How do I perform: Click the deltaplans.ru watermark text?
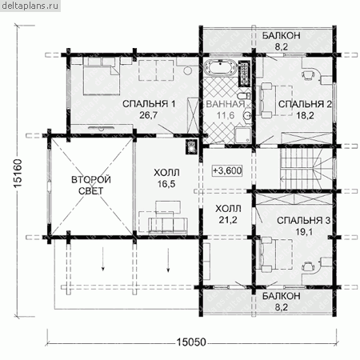[x=30, y=6]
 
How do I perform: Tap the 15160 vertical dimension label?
[x=18, y=174]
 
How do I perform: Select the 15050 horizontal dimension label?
[x=191, y=342]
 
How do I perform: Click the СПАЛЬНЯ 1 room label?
[x=149, y=104]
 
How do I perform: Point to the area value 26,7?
[x=149, y=115]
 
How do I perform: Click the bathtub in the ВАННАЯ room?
[x=220, y=66]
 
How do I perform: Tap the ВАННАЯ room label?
[x=226, y=104]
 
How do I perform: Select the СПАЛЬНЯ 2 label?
[x=305, y=104]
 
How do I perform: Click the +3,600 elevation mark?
[x=227, y=170]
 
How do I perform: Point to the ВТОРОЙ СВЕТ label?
[x=91, y=185]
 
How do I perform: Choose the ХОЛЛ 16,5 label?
[x=166, y=178]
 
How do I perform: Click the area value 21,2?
[x=228, y=220]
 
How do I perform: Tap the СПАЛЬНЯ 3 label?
[x=304, y=220]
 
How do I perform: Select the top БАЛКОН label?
[x=281, y=35]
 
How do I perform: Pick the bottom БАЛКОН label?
[x=281, y=296]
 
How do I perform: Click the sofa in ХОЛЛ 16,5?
[x=168, y=224]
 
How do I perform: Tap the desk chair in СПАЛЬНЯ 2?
[x=307, y=74]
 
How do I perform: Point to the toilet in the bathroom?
[x=243, y=95]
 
